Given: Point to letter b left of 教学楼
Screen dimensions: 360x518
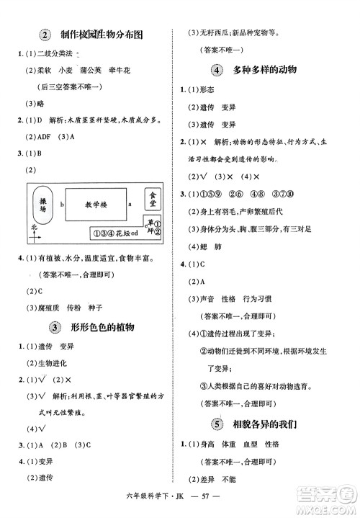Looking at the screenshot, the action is tap(63, 204).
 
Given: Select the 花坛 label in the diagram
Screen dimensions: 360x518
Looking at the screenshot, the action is tap(125, 232).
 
